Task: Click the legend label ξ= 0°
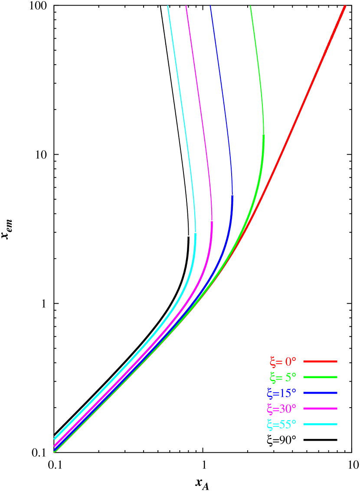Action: (282, 361)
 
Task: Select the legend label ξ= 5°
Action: (282, 377)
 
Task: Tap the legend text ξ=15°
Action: (281, 393)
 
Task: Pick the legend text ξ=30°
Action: (281, 409)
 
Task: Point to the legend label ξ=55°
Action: (281, 424)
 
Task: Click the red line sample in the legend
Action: (320, 361)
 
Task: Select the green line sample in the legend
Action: (320, 377)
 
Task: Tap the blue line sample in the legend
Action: (320, 393)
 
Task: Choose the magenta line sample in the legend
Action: (320, 409)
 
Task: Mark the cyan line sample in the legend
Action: (320, 424)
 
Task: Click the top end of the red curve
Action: (345, 6)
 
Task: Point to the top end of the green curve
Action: (251, 6)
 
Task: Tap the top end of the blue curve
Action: (210, 6)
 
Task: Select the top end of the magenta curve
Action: (186, 6)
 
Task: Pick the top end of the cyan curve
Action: (168, 6)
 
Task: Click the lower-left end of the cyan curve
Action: (54, 439)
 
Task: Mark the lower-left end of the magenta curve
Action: (54, 445)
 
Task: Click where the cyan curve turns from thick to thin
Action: (196, 233)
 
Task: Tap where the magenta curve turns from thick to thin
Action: (212, 221)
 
